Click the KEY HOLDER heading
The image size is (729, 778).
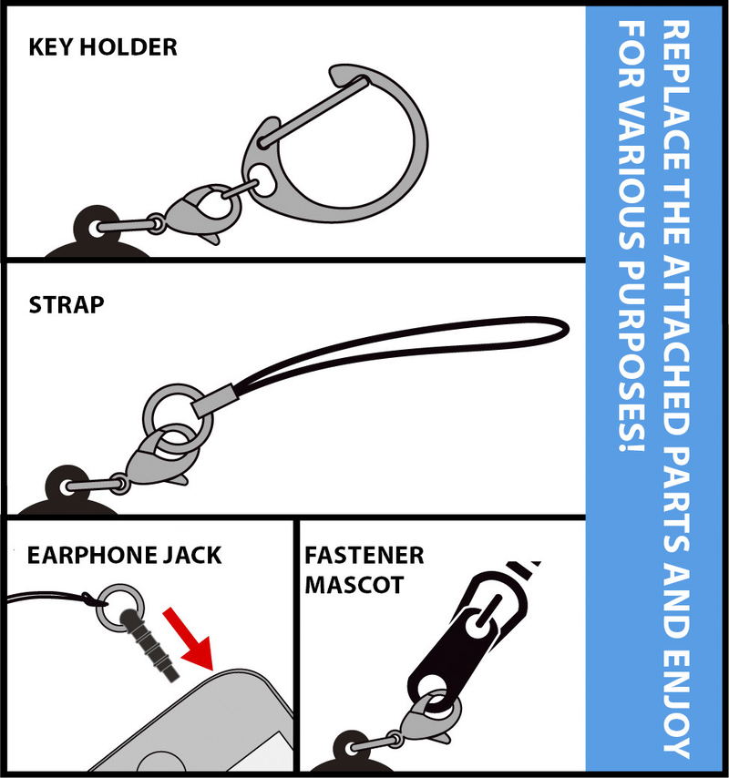pos(103,47)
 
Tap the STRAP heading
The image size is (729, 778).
pos(67,304)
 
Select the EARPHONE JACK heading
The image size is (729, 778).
pos(124,555)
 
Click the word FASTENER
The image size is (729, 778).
pos(364,555)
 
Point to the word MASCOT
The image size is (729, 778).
pos(354,585)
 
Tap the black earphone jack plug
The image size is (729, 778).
pos(149,643)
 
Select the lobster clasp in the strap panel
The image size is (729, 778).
pos(158,457)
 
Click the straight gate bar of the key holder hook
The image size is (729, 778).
pos(313,112)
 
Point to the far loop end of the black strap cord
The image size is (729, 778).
pos(567,328)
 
